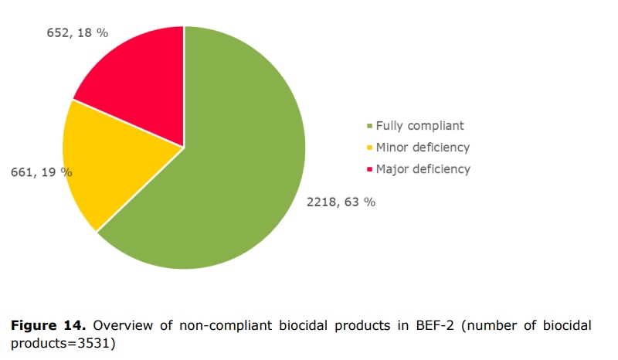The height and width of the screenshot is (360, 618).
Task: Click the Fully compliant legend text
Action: pos(419,125)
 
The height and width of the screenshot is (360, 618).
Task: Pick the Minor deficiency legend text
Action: pos(423,147)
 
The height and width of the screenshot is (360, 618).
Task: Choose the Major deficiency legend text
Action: pos(423,168)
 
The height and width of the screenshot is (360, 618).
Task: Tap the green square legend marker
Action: pos(369,126)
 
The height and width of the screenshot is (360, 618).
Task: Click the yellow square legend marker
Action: pos(369,148)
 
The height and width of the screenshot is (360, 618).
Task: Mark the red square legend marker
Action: pos(369,169)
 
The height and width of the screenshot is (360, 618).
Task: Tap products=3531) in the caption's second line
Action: pos(62,343)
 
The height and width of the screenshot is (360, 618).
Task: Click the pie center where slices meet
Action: pos(184,147)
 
